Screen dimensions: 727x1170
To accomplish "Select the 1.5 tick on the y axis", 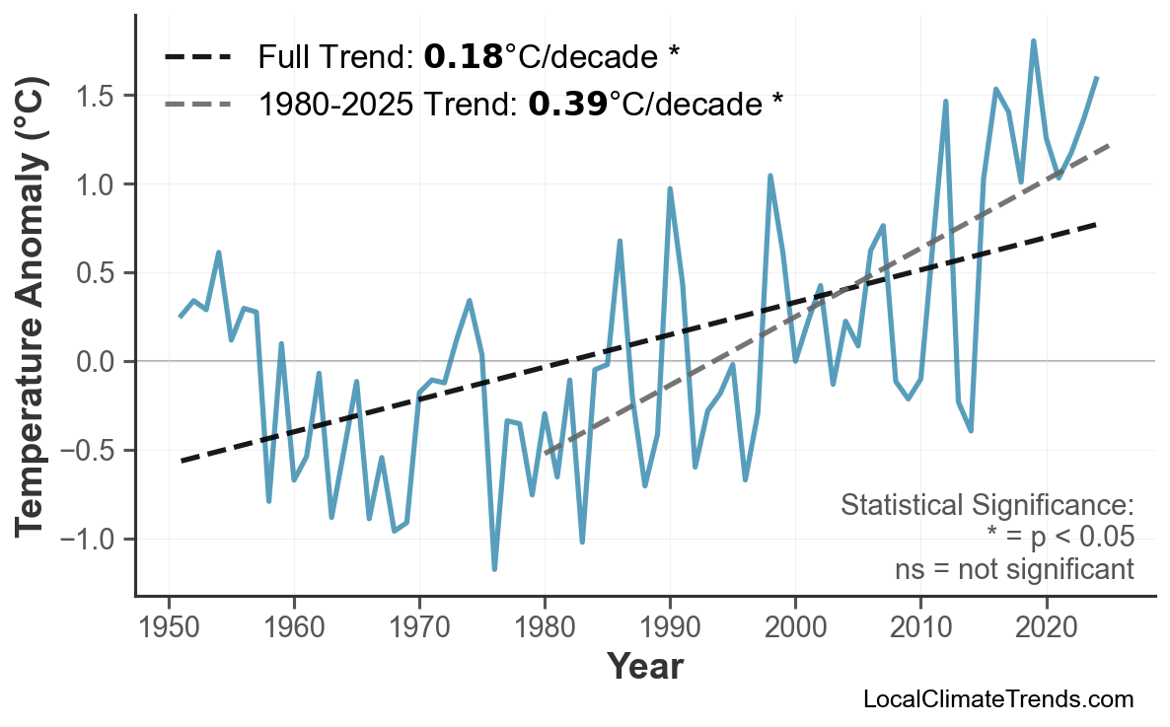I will pos(96,96).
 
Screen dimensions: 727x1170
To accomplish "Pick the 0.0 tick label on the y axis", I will pos(96,362).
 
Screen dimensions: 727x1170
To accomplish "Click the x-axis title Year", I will pos(644,667).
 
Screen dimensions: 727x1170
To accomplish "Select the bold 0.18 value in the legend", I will pos(464,57).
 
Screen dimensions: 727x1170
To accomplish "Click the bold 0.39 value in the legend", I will pos(567,103).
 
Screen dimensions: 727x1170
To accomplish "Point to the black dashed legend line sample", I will pos(197,57).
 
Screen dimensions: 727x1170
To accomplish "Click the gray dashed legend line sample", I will pos(197,103).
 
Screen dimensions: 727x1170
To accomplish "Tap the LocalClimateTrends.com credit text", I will pos(997,699).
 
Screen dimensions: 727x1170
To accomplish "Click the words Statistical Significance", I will pos(987,506).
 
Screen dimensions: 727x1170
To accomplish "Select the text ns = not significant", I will pos(1014,569).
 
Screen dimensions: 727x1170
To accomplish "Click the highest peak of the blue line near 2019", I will pos(1033,41).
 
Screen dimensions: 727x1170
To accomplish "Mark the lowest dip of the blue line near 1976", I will pos(494,568).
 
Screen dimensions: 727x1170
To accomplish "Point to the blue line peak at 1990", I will pos(670,188).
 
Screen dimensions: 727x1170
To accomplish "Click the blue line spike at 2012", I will pos(945,102).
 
